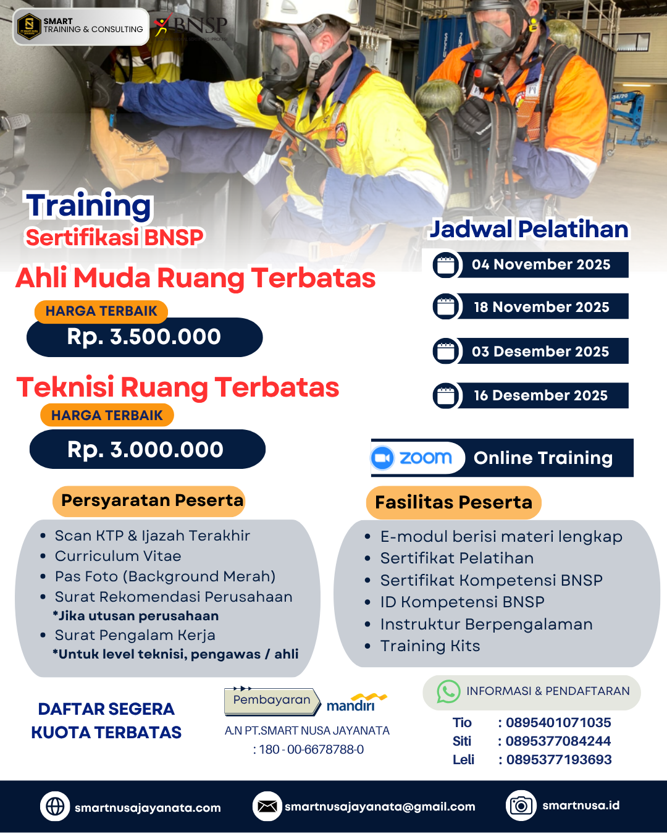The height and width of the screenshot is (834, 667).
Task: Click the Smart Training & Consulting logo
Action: [x=80, y=27]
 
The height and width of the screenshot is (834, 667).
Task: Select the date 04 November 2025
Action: [x=541, y=265]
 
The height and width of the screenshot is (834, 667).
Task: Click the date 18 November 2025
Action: [x=541, y=307]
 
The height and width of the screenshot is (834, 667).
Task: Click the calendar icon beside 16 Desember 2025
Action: [x=445, y=396]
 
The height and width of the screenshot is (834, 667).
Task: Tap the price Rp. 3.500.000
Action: [x=145, y=337]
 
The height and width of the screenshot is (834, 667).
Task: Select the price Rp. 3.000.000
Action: [x=146, y=450]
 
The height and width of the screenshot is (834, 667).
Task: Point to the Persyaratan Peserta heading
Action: [x=152, y=500]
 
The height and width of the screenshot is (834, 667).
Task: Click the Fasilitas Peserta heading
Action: [x=453, y=502]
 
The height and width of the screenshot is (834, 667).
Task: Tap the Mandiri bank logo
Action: [x=355, y=703]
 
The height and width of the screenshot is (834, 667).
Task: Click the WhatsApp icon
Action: [x=448, y=692]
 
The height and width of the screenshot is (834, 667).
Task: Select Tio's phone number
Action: [x=558, y=723]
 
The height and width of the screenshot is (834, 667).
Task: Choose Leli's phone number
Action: [x=558, y=760]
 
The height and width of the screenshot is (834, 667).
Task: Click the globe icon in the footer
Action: [x=55, y=807]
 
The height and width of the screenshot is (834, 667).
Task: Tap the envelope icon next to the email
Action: [x=267, y=807]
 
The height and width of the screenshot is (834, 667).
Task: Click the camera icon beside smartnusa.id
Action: [x=521, y=806]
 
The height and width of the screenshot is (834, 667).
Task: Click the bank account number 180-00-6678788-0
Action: [x=311, y=750]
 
